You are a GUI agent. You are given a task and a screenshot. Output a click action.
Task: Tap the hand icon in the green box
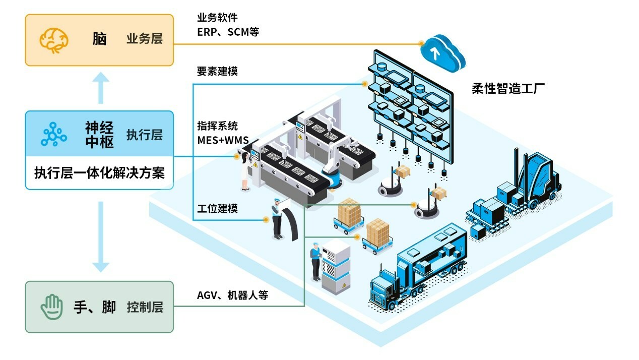pyautogui.click(x=52, y=307)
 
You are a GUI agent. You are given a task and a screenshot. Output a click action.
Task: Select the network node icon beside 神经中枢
pyautogui.click(x=53, y=134)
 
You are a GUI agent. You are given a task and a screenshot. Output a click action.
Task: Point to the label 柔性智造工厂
pyautogui.click(x=508, y=89)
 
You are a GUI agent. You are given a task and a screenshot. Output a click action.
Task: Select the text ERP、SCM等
pyautogui.click(x=228, y=32)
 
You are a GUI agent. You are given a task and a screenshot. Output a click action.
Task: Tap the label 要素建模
pyautogui.click(x=217, y=71)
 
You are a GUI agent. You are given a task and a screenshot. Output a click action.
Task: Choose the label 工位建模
pyautogui.click(x=217, y=208)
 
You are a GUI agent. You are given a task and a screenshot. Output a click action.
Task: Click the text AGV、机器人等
pyautogui.click(x=232, y=295)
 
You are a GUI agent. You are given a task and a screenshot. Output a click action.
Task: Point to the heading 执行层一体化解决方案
pyautogui.click(x=99, y=173)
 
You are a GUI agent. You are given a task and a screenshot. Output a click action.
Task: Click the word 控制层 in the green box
pyautogui.click(x=145, y=307)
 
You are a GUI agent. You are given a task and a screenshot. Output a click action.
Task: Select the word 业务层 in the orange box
pyautogui.click(x=145, y=39)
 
